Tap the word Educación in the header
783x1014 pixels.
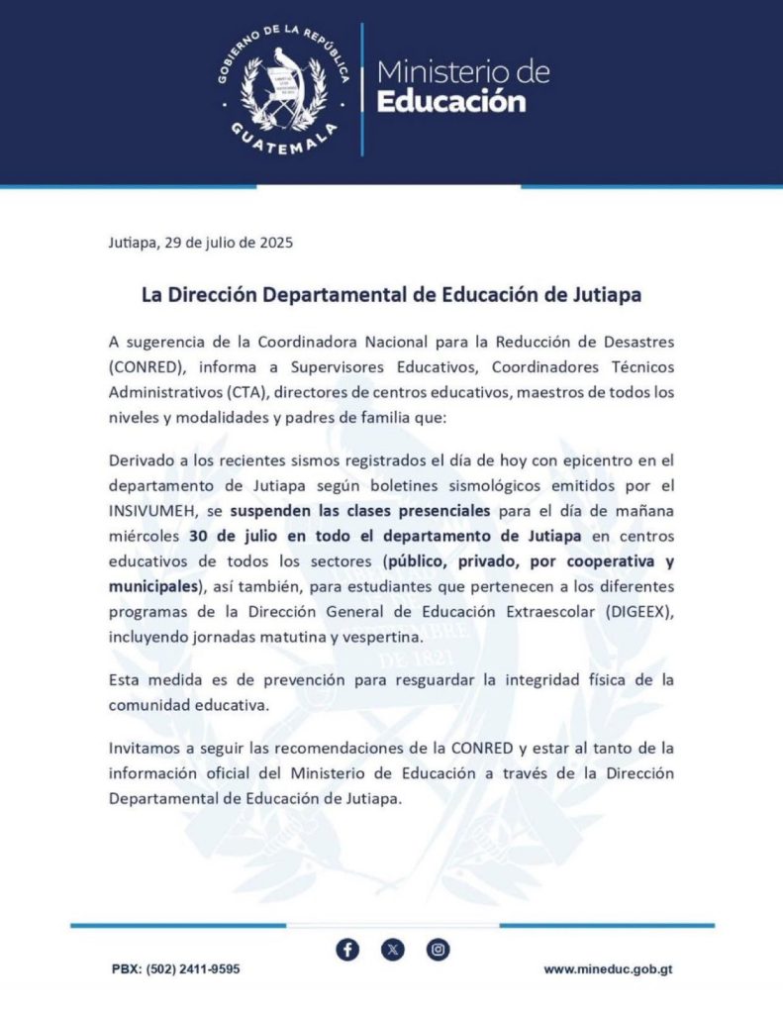pyautogui.click(x=451, y=101)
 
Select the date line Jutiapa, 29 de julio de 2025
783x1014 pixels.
pyautogui.click(x=201, y=242)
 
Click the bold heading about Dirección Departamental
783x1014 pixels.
pyautogui.click(x=391, y=296)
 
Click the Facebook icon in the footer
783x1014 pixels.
pyautogui.click(x=347, y=950)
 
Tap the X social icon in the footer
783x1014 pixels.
pyautogui.click(x=393, y=950)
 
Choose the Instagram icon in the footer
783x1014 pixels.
pyautogui.click(x=439, y=950)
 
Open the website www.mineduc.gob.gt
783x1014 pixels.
pyautogui.click(x=608, y=969)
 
